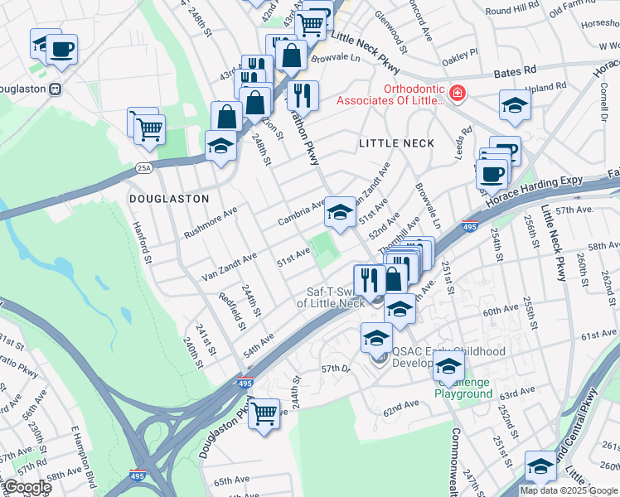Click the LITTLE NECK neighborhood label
coord(396,143)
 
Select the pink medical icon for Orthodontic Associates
coord(455,94)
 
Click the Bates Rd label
coord(516,74)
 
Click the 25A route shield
coord(143,169)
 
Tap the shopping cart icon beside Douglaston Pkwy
coord(264,413)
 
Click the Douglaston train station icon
coord(55,88)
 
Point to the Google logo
coord(27,487)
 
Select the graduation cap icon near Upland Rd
coord(515,105)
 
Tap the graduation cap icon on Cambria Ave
coord(339,212)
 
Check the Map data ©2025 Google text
coord(569,490)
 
